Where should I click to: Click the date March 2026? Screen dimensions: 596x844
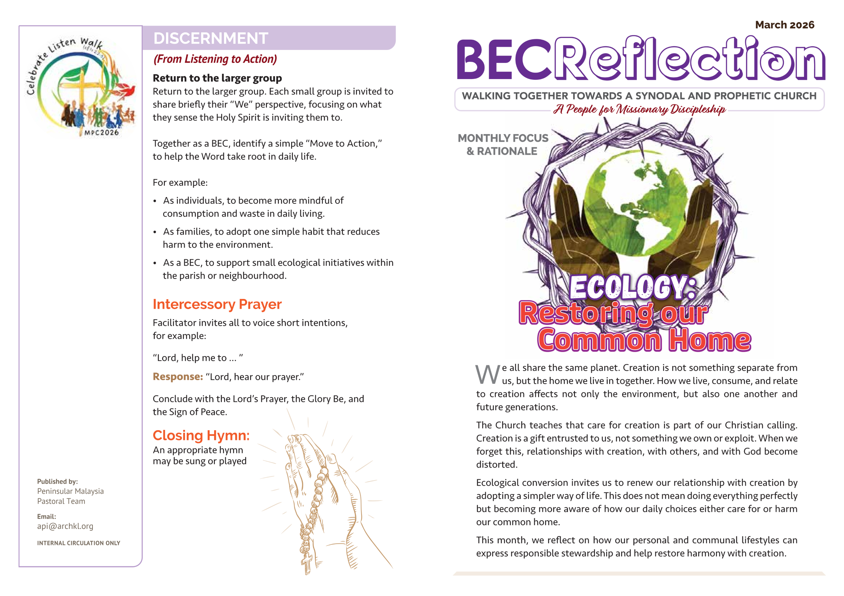point(785,25)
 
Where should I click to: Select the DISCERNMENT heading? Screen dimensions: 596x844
point(210,38)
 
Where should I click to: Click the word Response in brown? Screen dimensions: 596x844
point(178,377)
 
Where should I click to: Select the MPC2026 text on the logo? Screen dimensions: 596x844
point(102,132)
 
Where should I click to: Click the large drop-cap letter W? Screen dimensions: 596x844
point(487,375)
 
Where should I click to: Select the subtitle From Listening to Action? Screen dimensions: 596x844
point(215,59)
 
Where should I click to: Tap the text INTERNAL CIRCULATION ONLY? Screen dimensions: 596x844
point(78,543)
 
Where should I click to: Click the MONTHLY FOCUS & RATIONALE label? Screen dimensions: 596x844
point(503,144)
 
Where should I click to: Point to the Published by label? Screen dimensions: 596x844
point(57,482)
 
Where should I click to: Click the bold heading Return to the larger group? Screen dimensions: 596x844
point(217,78)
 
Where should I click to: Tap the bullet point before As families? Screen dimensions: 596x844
point(155,232)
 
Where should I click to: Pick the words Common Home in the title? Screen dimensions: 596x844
point(644,340)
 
